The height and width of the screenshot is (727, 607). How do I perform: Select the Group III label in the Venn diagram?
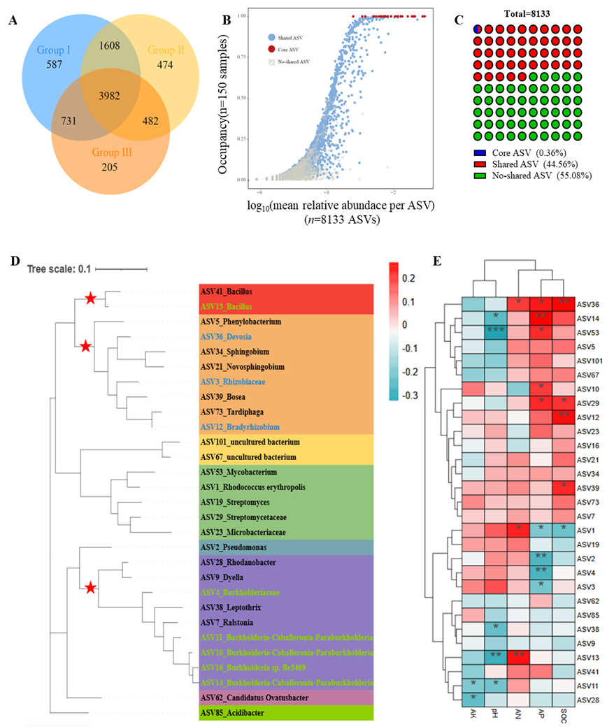tap(113, 152)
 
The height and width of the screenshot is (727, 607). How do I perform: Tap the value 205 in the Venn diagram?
tap(110, 167)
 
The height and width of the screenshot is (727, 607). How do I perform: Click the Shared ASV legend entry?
tap(290, 36)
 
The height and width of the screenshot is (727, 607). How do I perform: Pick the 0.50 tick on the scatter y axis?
tap(243, 98)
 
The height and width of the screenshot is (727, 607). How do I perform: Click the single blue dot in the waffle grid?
tap(477, 29)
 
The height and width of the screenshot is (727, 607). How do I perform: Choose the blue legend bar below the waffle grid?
tap(479, 152)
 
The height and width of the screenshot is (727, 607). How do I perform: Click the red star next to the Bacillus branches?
tap(90, 299)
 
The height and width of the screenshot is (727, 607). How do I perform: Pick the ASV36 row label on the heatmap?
tap(589, 304)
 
